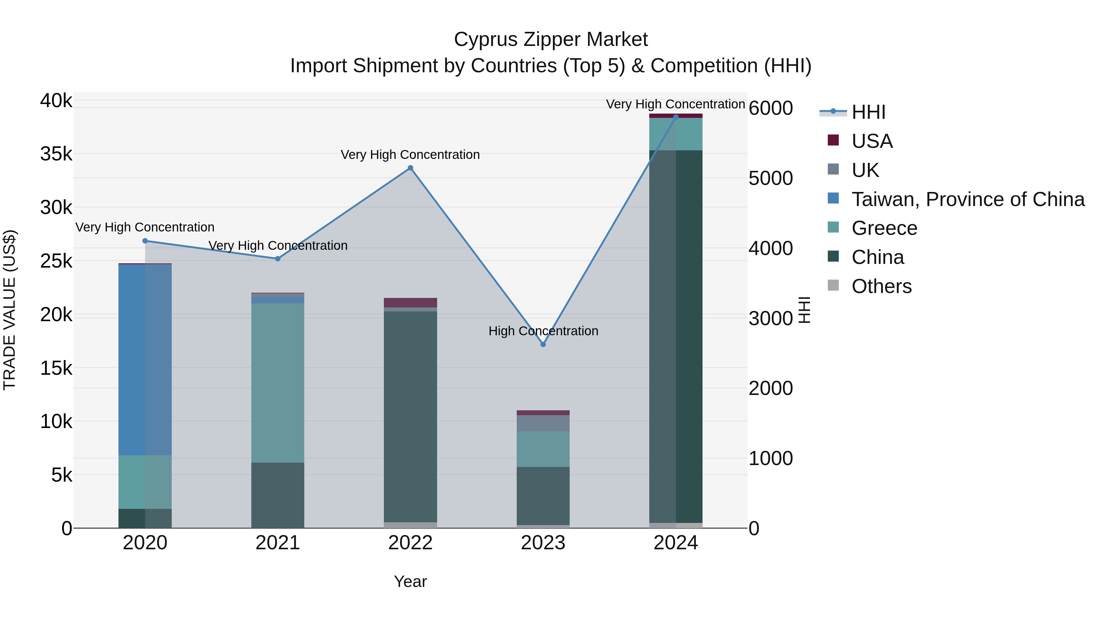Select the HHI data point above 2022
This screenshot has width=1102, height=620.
coord(410,168)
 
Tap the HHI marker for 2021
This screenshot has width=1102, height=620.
coord(278,259)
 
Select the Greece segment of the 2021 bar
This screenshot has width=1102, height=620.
coord(278,383)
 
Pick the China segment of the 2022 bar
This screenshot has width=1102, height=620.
coord(410,417)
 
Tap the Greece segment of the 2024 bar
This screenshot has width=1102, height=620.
coord(676,134)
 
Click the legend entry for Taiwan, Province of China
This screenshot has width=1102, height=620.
coord(968,199)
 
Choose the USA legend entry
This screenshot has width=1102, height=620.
coord(872,141)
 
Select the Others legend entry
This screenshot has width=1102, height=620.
coord(881,286)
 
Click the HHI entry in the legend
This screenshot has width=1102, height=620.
coord(868,112)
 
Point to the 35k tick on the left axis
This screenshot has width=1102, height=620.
coord(56,154)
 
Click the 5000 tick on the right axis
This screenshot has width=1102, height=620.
coord(770,178)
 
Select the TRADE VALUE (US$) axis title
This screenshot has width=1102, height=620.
coord(9,310)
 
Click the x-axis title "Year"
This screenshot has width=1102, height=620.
coord(410,581)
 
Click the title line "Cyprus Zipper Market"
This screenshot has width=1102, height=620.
coord(551,39)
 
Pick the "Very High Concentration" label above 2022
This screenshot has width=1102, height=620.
coord(410,155)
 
